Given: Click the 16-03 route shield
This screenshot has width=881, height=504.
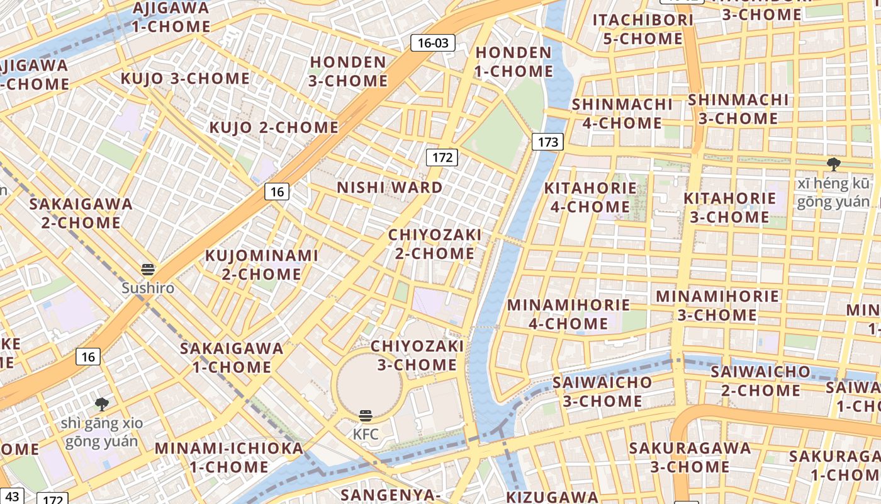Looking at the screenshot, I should pyautogui.click(x=432, y=43).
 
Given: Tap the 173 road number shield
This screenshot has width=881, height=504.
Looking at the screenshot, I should pyautogui.click(x=547, y=142).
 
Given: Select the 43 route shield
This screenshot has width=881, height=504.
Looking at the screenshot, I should pyautogui.click(x=12, y=496).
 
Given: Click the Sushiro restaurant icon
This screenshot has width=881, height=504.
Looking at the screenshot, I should pyautogui.click(x=148, y=270).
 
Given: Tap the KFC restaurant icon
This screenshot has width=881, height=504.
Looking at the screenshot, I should pyautogui.click(x=366, y=416).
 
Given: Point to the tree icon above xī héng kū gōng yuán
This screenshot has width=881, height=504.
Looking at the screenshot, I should pyautogui.click(x=834, y=164).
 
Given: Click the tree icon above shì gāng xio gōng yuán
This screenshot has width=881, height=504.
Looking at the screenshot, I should pyautogui.click(x=102, y=404).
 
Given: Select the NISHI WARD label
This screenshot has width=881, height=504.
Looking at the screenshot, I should pyautogui.click(x=390, y=188).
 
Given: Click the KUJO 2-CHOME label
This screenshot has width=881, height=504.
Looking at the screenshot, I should pyautogui.click(x=274, y=127).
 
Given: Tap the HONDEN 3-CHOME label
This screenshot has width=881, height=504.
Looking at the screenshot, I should pyautogui.click(x=348, y=71).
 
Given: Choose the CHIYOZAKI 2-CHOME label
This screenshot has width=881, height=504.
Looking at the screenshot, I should pyautogui.click(x=435, y=244).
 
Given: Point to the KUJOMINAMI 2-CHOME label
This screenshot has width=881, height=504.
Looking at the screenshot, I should pyautogui.click(x=262, y=265).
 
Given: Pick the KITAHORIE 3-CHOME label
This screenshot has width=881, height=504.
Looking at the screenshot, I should pyautogui.click(x=729, y=207).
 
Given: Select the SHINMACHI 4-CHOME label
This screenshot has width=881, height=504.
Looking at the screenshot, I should pyautogui.click(x=622, y=113).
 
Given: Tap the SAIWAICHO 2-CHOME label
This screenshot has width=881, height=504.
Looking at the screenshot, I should pyautogui.click(x=760, y=381).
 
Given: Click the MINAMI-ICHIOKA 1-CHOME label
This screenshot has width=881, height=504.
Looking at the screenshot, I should pyautogui.click(x=229, y=457).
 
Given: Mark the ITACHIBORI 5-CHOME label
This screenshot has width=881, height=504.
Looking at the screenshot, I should pyautogui.click(x=643, y=29).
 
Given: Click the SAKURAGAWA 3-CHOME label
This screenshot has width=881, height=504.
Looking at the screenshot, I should pyautogui.click(x=690, y=457).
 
